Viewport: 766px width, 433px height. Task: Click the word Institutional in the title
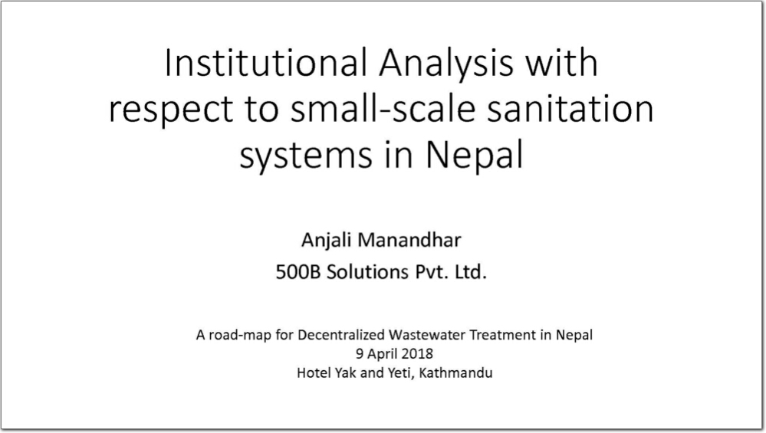click(x=266, y=63)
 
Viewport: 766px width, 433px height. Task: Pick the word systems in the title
click(x=306, y=156)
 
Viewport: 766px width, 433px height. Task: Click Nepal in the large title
click(x=474, y=154)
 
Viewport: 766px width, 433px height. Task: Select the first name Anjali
click(x=327, y=241)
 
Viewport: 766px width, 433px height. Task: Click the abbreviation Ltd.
click(x=471, y=272)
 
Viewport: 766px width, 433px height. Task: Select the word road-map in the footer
click(x=240, y=336)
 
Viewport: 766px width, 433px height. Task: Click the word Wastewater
click(x=427, y=335)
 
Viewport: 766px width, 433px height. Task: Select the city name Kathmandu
click(x=455, y=373)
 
